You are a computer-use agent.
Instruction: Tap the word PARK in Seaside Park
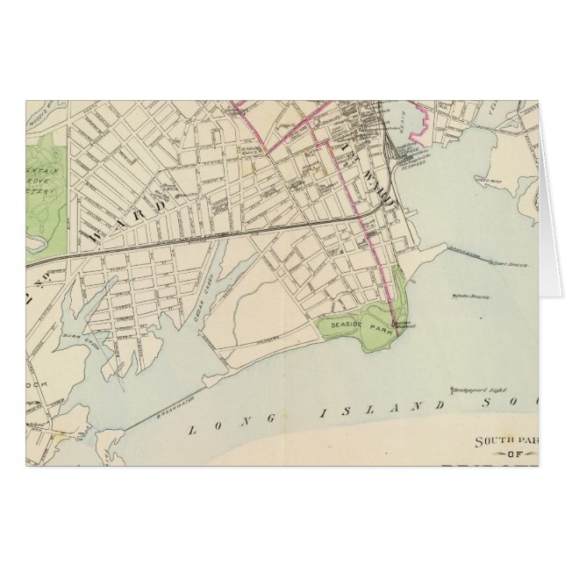(378, 332)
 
